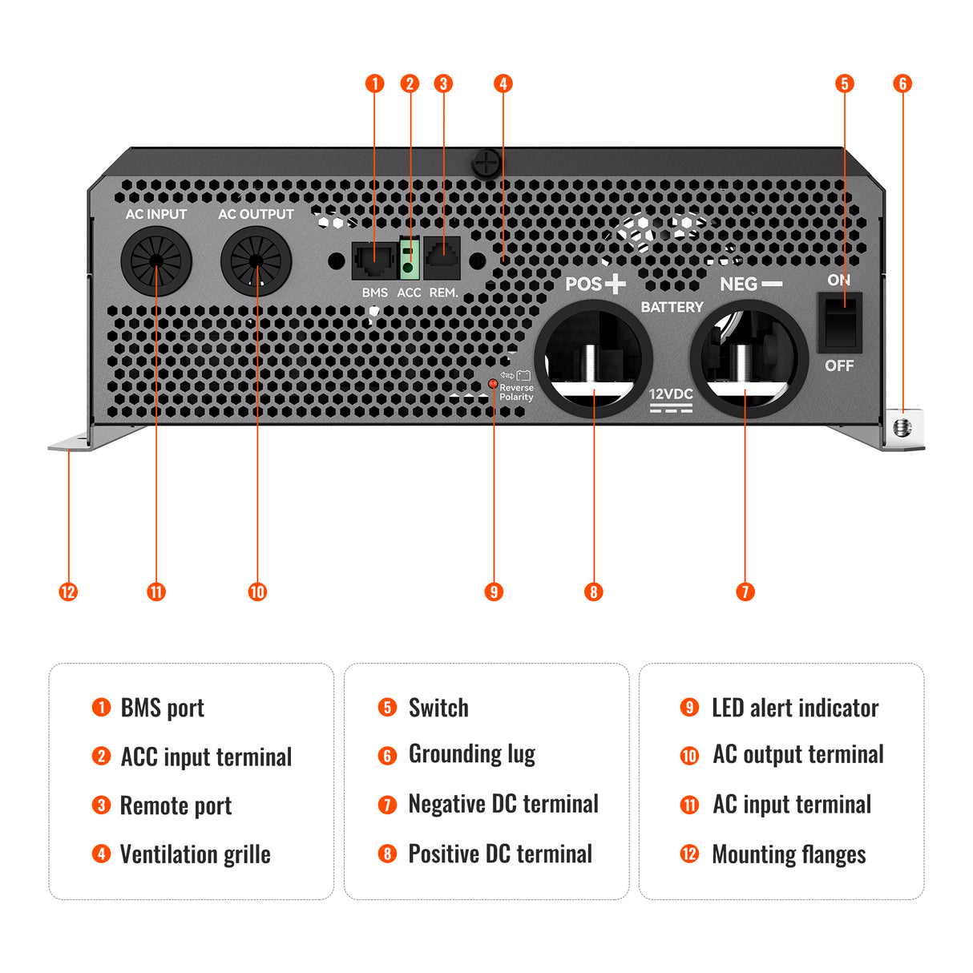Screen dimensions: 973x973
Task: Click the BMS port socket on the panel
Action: pyautogui.click(x=373, y=260)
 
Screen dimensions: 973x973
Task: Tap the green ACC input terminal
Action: pyautogui.click(x=410, y=259)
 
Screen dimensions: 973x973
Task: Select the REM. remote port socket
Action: pyautogui.click(x=442, y=258)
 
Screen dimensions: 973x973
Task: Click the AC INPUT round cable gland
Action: pyautogui.click(x=156, y=261)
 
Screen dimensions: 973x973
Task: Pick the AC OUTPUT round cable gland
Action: pyautogui.click(x=256, y=261)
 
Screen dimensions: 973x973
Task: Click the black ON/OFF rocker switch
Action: pyautogui.click(x=839, y=322)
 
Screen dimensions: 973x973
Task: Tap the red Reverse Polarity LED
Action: pyautogui.click(x=493, y=384)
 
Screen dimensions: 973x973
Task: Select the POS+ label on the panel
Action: pyautogui.click(x=595, y=284)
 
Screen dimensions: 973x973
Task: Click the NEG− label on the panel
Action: pyautogui.click(x=750, y=284)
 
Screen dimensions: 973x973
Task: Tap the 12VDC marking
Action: pyautogui.click(x=671, y=394)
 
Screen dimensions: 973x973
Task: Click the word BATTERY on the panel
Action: pyautogui.click(x=672, y=307)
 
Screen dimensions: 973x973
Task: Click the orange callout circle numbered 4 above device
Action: pyautogui.click(x=503, y=83)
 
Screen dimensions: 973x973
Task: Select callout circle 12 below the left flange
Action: pyautogui.click(x=68, y=592)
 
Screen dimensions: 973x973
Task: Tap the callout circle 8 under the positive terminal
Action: pyautogui.click(x=593, y=592)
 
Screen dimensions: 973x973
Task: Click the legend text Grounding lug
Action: pyautogui.click(x=471, y=754)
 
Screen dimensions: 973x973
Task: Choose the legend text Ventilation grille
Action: pyautogui.click(x=195, y=854)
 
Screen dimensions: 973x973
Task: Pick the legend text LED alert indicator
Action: pyautogui.click(x=794, y=708)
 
